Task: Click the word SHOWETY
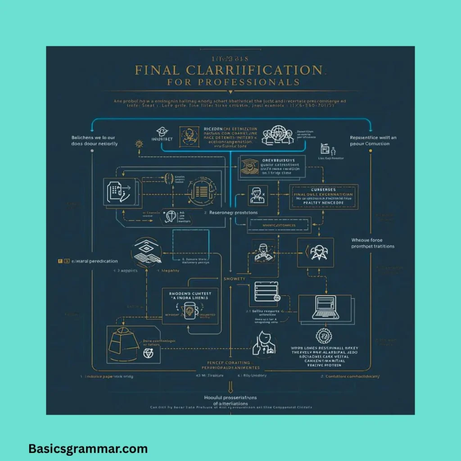click(x=235, y=279)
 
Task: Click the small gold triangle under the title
click(x=230, y=92)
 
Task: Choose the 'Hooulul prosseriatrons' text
click(x=230, y=398)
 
